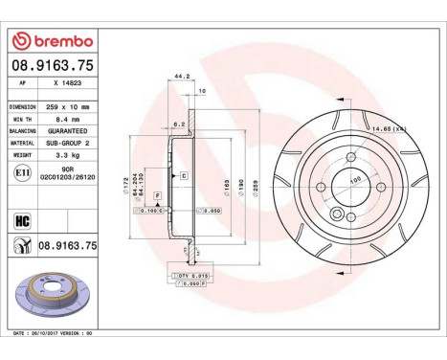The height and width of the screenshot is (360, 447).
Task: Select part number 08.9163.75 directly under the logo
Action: click(52, 67)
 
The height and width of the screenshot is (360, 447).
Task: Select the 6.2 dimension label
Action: click(181, 124)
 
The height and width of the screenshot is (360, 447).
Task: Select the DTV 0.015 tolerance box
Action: click(191, 275)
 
